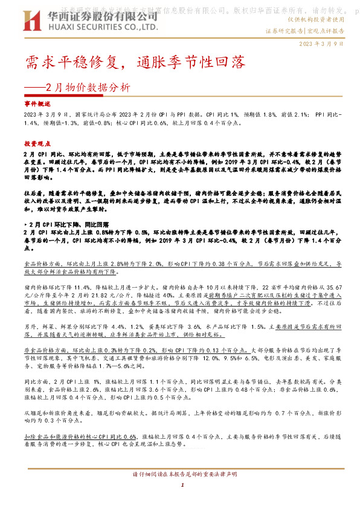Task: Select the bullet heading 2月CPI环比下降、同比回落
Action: (65, 224)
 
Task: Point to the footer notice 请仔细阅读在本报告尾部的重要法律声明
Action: (179, 474)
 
